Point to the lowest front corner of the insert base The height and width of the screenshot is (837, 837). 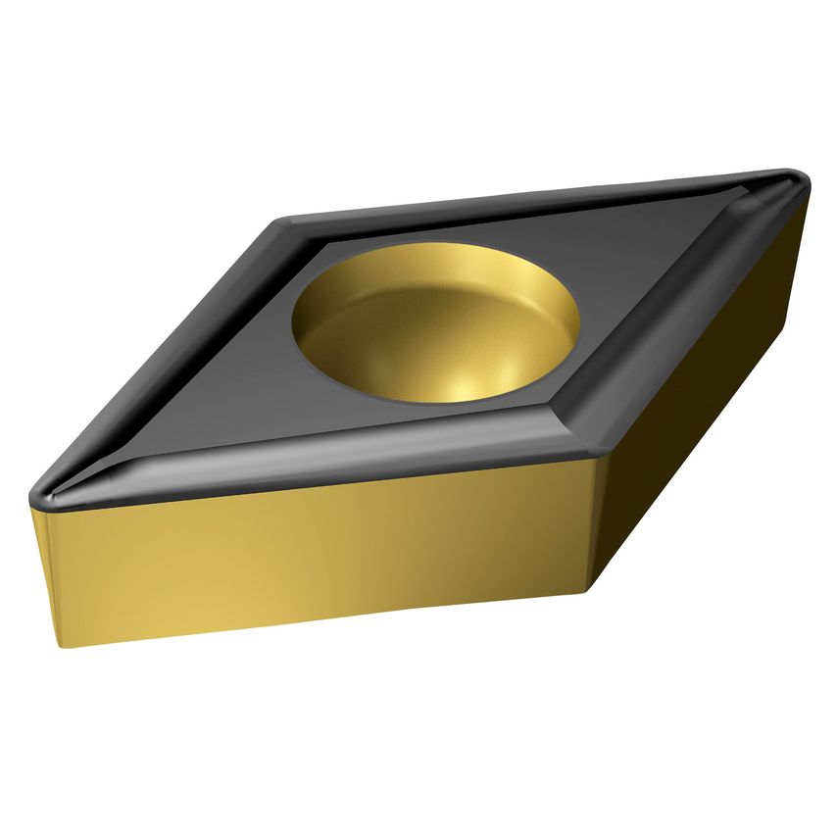(592, 591)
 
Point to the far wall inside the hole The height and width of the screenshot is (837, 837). (441, 270)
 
